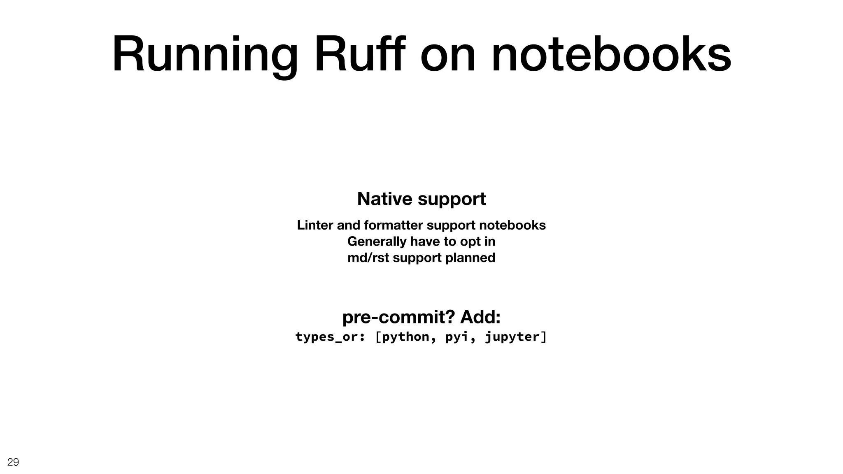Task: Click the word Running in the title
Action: click(x=205, y=55)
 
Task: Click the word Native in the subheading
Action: click(x=385, y=199)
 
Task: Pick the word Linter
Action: click(x=315, y=225)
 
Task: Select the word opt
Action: click(x=470, y=242)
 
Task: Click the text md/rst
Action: click(x=368, y=258)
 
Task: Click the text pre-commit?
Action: click(x=398, y=317)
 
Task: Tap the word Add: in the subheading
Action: click(x=480, y=317)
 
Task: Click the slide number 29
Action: click(x=13, y=462)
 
